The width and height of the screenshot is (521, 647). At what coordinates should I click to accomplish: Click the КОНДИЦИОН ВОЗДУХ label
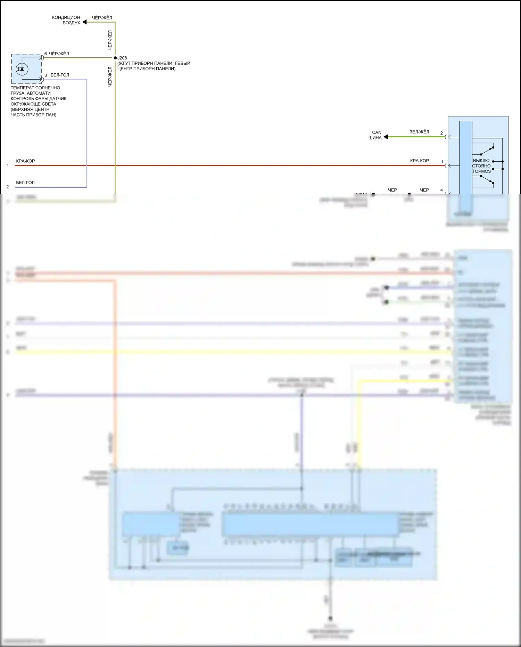pos(66,20)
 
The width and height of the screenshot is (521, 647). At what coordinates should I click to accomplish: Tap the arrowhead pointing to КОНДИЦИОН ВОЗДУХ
pos(84,22)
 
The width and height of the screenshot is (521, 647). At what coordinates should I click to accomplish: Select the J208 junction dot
pos(115,58)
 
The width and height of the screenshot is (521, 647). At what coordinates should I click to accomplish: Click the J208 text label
pos(122,58)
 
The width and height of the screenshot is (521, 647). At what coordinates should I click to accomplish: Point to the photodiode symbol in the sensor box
pos(22,69)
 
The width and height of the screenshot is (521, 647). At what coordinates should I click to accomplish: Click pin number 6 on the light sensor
pos(46,54)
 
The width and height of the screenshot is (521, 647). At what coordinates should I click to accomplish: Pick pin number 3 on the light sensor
pos(46,75)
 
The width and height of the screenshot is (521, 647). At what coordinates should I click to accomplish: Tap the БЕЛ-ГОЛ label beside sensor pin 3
pos(60,75)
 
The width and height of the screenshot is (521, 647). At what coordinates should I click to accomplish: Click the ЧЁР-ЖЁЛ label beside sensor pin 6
pos(59,54)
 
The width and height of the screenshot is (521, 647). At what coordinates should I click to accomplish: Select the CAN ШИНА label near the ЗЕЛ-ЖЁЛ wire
pos(375,135)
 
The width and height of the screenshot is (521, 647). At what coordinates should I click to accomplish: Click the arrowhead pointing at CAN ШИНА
pos(386,137)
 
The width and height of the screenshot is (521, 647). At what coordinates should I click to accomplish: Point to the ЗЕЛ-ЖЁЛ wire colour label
pos(419,132)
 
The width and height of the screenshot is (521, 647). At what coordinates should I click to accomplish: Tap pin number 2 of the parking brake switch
pos(441,133)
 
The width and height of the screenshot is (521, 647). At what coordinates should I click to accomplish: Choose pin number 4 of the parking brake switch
pos(441,190)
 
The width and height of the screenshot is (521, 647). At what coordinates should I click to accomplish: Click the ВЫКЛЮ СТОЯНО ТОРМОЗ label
pos(481,166)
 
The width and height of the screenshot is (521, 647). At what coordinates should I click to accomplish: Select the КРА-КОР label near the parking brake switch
pos(419,161)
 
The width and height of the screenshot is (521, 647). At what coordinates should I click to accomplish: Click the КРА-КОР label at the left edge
pos(25,161)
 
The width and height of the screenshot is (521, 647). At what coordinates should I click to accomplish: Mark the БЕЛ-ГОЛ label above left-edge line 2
pos(25,183)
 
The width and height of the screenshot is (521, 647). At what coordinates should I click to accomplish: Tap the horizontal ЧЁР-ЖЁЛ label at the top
pos(102,18)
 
